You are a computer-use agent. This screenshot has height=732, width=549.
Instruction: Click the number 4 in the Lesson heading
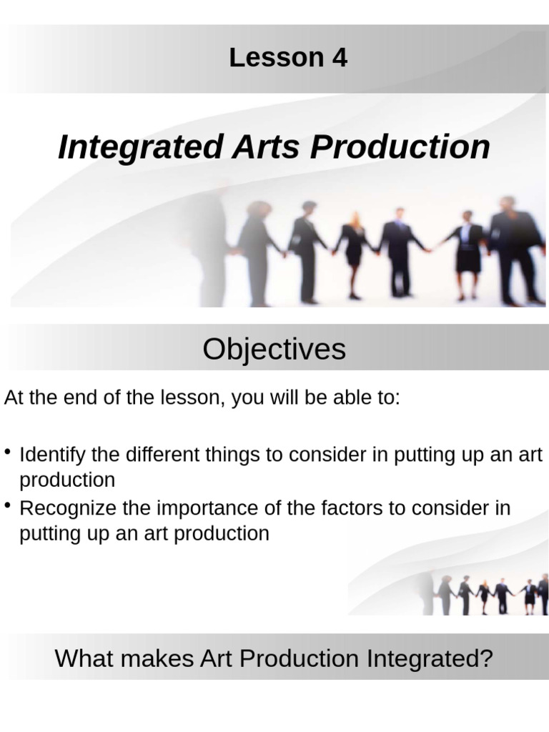(x=340, y=58)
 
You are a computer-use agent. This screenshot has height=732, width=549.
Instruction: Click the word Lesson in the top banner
(x=277, y=58)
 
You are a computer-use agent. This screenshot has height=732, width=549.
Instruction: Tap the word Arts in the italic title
(x=265, y=147)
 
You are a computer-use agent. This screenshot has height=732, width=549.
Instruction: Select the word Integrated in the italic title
(x=140, y=147)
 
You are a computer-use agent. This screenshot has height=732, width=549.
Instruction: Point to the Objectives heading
(x=274, y=349)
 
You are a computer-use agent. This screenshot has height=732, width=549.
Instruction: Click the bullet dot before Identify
(x=7, y=452)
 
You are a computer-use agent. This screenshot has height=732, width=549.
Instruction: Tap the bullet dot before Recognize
(x=7, y=505)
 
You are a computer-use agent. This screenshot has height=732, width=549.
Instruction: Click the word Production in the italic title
(x=400, y=147)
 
